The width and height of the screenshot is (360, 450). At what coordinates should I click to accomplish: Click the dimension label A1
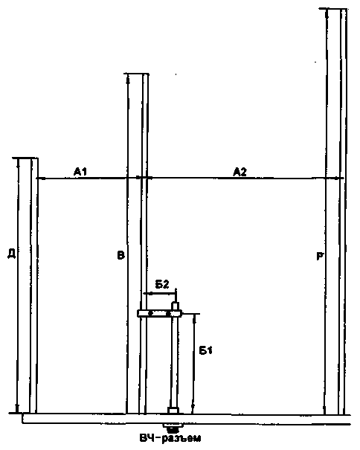(x=80, y=172)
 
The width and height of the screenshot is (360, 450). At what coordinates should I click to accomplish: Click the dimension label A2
(x=240, y=172)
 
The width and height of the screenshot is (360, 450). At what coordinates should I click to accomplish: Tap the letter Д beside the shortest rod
(x=11, y=254)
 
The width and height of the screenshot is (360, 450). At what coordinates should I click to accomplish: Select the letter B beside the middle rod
(x=121, y=255)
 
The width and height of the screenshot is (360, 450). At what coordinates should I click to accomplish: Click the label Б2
(x=162, y=284)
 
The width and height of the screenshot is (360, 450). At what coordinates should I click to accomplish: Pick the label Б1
(x=205, y=350)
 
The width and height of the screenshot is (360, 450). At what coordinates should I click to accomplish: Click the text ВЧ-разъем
(x=170, y=439)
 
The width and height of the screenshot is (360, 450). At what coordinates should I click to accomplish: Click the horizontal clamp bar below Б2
(x=159, y=313)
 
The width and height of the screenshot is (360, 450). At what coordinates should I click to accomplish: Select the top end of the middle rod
(x=137, y=74)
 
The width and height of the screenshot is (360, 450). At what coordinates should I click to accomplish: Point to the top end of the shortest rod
(x=25, y=158)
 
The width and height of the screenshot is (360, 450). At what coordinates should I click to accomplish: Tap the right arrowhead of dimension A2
(x=340, y=179)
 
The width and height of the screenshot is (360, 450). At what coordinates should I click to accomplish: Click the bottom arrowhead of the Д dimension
(x=17, y=408)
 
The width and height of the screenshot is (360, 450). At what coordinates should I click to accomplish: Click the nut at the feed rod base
(x=174, y=411)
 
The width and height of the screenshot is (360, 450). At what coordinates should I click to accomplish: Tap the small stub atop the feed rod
(x=176, y=306)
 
